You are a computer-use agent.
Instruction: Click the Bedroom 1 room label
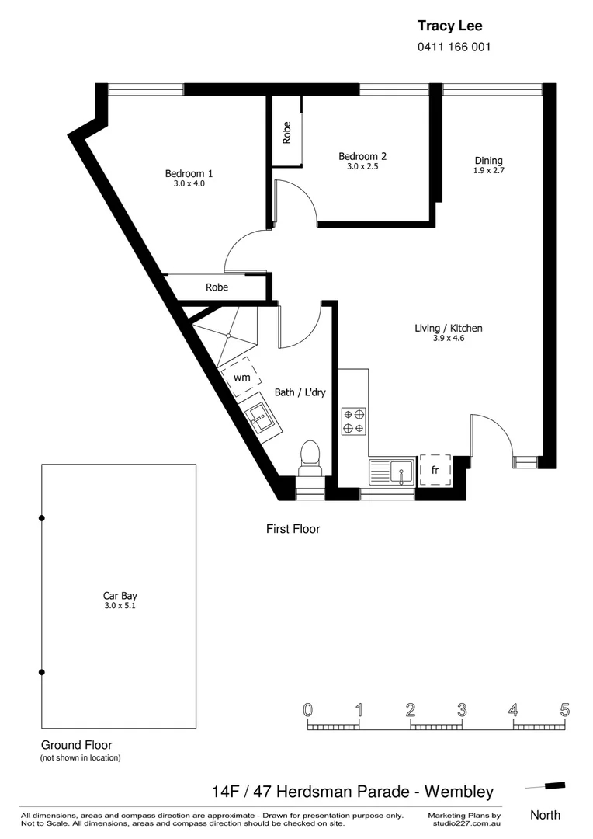pos(189,173)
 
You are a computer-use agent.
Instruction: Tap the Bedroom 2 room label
pos(362,156)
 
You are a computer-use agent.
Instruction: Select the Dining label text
pos(489,161)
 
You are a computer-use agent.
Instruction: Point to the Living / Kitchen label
pos(449,328)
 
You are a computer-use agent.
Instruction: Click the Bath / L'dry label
pos(300,392)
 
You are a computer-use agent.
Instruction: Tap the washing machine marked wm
pos(241,378)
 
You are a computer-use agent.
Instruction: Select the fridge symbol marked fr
pos(435,470)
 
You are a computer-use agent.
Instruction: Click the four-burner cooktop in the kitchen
pos(354,421)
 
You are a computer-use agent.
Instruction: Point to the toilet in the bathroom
pos(310,458)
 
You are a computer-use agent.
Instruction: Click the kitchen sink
pos(401,470)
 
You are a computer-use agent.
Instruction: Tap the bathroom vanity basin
pos(261,420)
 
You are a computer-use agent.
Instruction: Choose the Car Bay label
pos(120,596)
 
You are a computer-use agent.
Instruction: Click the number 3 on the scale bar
pos(462,709)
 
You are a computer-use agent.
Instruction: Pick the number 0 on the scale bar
pos(308,709)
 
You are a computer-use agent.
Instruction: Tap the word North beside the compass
pos(545,815)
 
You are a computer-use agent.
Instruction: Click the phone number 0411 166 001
pos(454,47)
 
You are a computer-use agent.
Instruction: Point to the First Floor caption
pos(293,529)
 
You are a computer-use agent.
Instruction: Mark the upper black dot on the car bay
pos(42,517)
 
